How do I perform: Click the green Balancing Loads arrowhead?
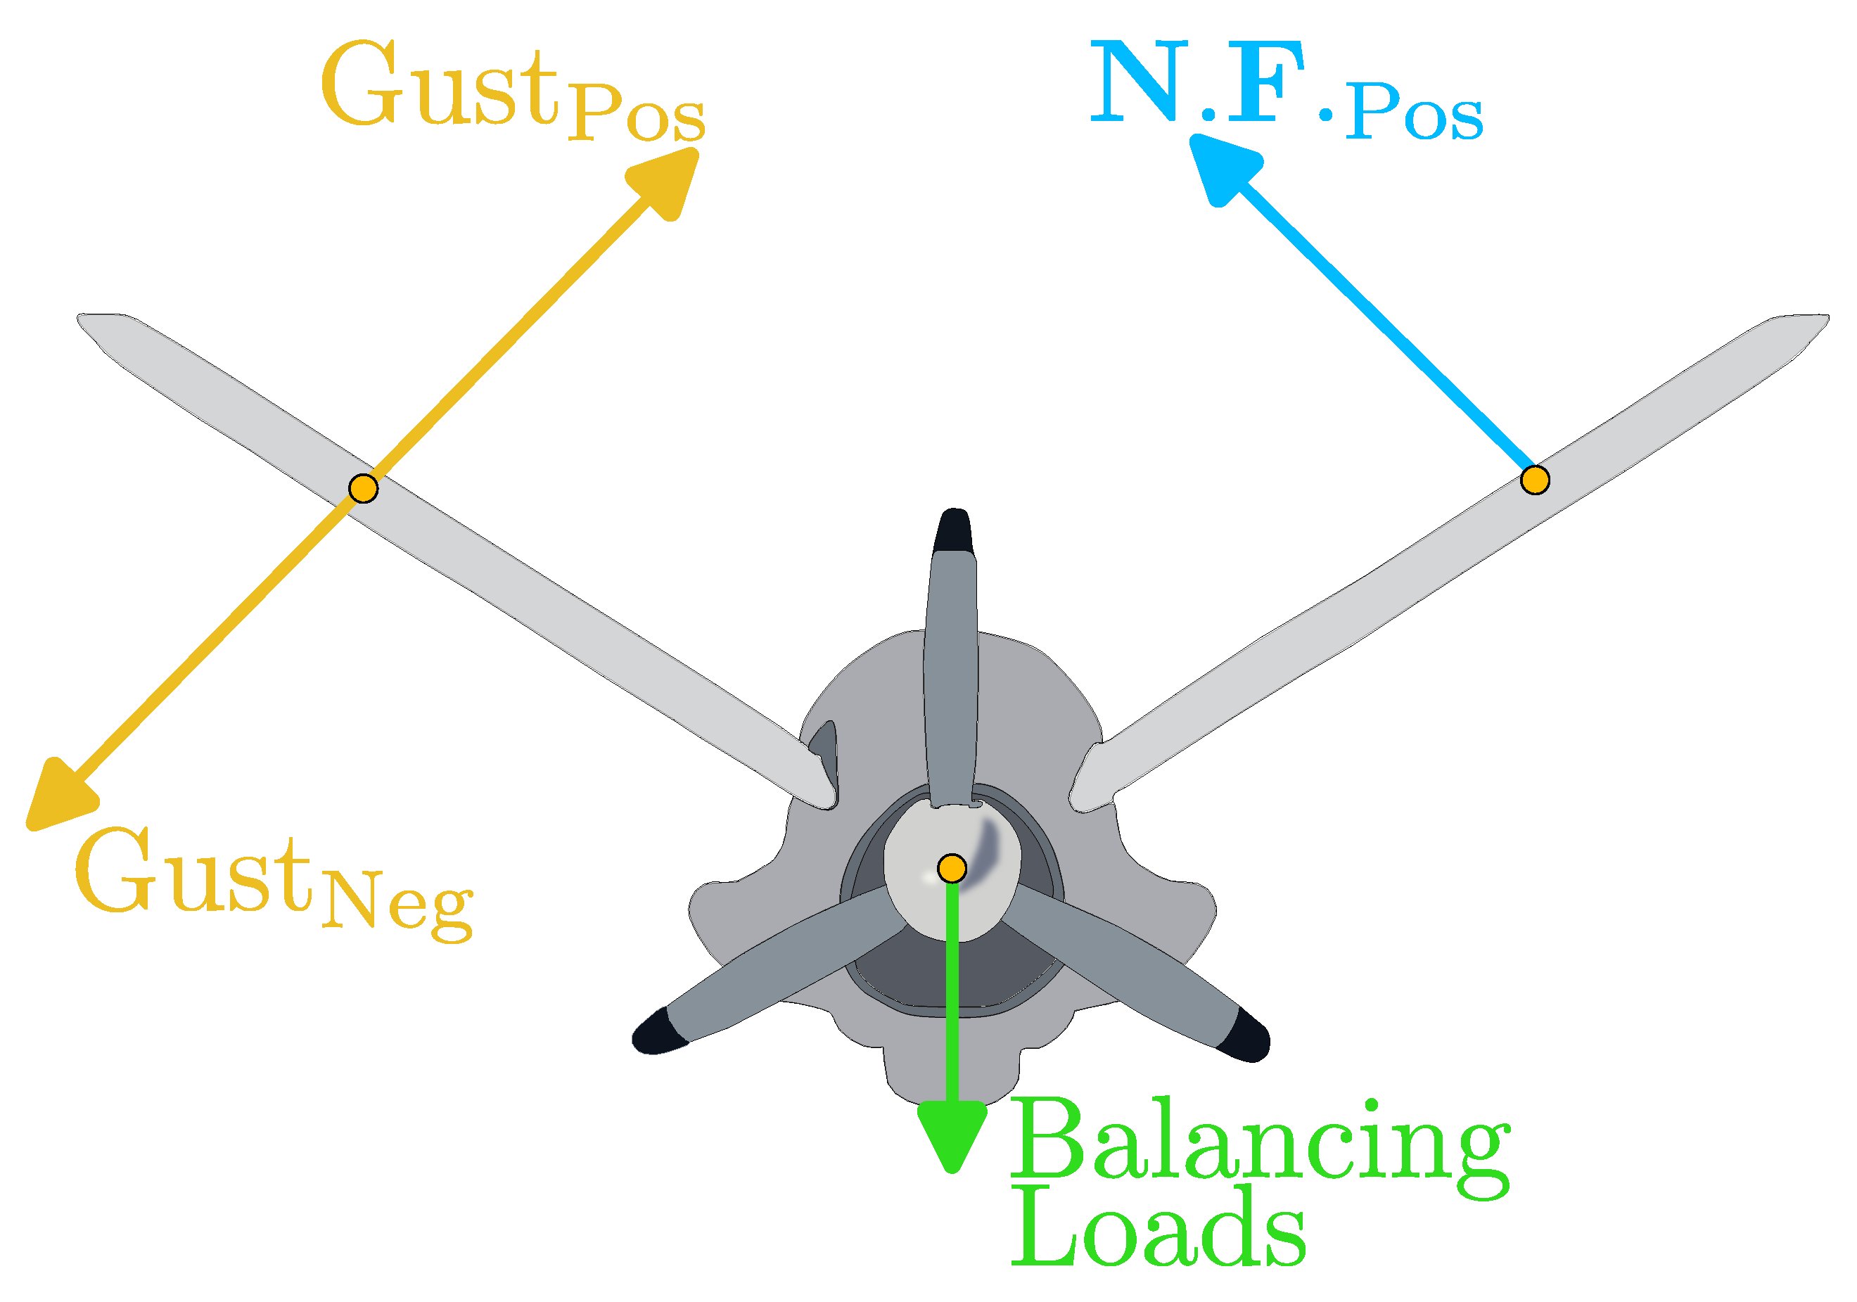(x=952, y=1135)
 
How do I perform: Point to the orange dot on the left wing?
(x=363, y=488)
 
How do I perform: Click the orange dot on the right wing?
(x=1534, y=480)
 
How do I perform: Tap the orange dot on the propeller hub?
(x=952, y=868)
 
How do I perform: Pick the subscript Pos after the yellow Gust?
(x=636, y=114)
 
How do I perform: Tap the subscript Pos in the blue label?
(x=1414, y=114)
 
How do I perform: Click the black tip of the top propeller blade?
(x=955, y=530)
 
